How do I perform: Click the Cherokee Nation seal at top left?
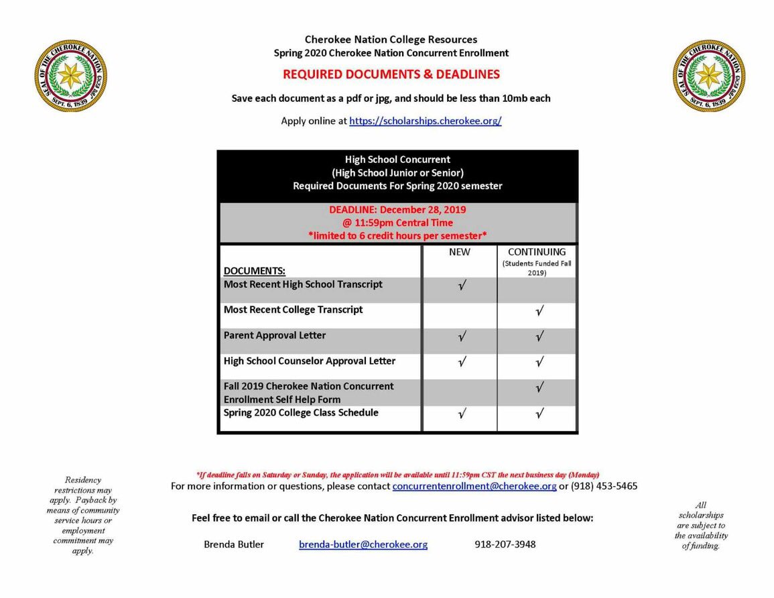pyautogui.click(x=70, y=75)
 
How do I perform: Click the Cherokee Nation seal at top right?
pyautogui.click(x=709, y=75)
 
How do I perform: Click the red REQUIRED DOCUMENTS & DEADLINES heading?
pyautogui.click(x=391, y=74)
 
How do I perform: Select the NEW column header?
pyautogui.click(x=460, y=252)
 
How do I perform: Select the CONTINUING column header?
pyautogui.click(x=537, y=252)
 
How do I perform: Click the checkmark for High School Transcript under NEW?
pyautogui.click(x=462, y=286)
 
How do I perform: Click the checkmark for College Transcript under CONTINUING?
pyautogui.click(x=539, y=311)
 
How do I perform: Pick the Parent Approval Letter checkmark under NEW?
pyautogui.click(x=462, y=337)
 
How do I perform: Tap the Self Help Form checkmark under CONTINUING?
pyautogui.click(x=539, y=387)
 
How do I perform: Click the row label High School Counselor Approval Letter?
pyautogui.click(x=310, y=361)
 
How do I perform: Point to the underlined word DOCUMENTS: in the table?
pyautogui.click(x=254, y=271)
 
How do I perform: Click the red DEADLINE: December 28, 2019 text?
pyautogui.click(x=397, y=210)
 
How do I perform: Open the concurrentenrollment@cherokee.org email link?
pyautogui.click(x=474, y=486)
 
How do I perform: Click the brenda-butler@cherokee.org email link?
pyautogui.click(x=363, y=544)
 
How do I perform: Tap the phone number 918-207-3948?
pyautogui.click(x=505, y=544)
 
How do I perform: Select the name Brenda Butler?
pyautogui.click(x=234, y=544)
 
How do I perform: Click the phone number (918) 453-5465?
pyautogui.click(x=604, y=486)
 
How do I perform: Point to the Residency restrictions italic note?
pyautogui.click(x=84, y=515)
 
